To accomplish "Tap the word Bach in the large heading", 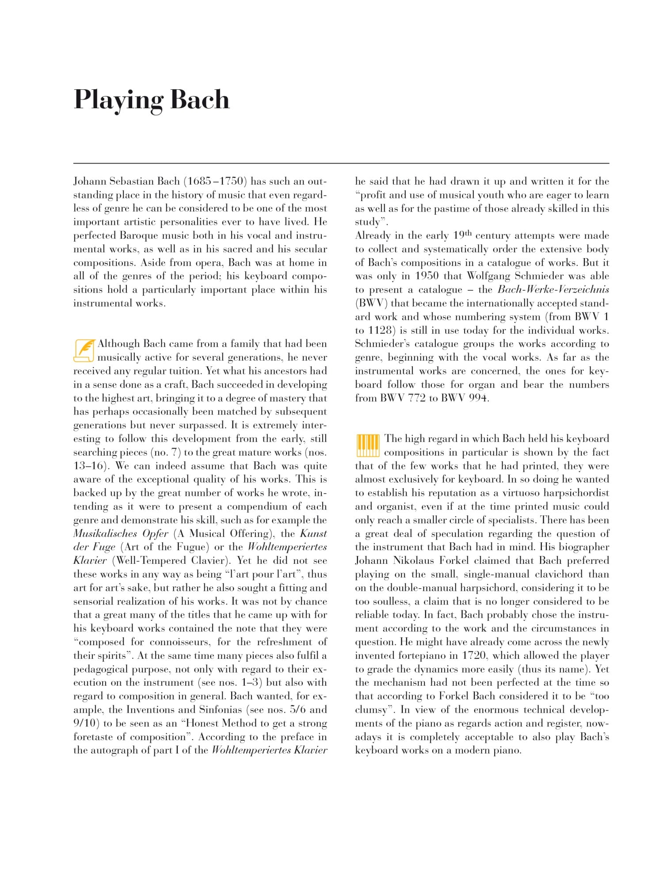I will [200, 99].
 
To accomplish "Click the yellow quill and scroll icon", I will [84, 350].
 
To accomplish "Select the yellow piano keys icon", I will [367, 445].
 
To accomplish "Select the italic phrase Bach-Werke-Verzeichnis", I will [553, 290].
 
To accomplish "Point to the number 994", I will [478, 398].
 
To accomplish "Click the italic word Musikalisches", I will [106, 534].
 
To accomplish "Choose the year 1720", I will [474, 656].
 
